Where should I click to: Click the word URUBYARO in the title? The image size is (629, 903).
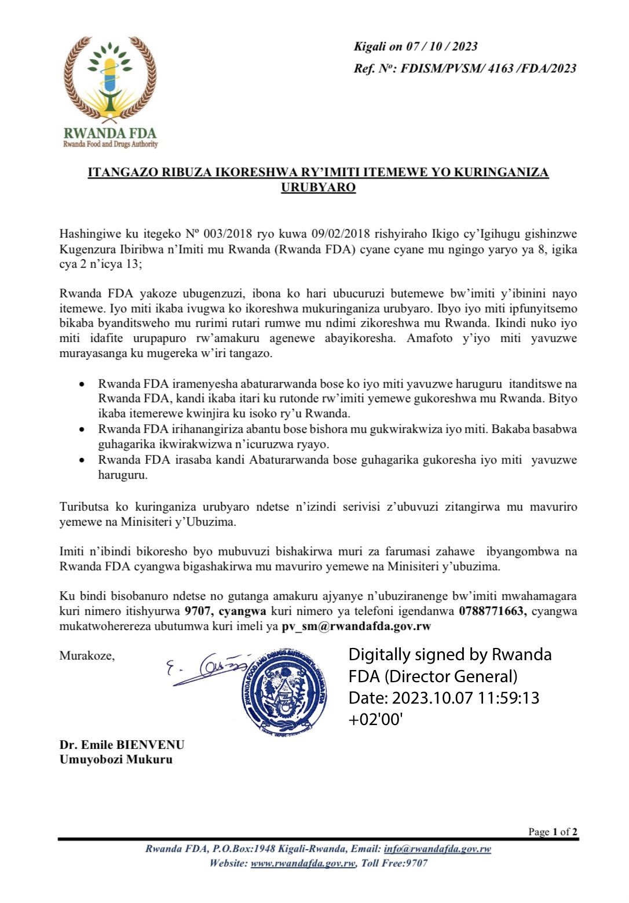pyautogui.click(x=318, y=187)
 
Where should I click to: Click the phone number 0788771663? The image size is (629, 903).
pyautogui.click(x=492, y=611)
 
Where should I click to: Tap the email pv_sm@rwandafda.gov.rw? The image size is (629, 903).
pyautogui.click(x=356, y=626)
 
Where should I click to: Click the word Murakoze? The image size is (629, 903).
pyautogui.click(x=87, y=656)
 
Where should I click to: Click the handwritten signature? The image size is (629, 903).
pyautogui.click(x=209, y=669)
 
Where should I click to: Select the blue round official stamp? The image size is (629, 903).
pyautogui.click(x=284, y=693)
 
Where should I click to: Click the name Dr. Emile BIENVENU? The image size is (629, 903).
pyautogui.click(x=122, y=745)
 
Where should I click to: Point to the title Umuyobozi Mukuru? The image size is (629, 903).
pyautogui.click(x=116, y=759)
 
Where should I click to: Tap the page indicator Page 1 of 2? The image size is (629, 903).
pyautogui.click(x=553, y=832)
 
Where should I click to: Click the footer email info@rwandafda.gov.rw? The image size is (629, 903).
pyautogui.click(x=437, y=849)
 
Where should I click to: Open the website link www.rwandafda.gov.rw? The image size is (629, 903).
pyautogui.click(x=303, y=863)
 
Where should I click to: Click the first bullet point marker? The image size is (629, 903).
pyautogui.click(x=84, y=384)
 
